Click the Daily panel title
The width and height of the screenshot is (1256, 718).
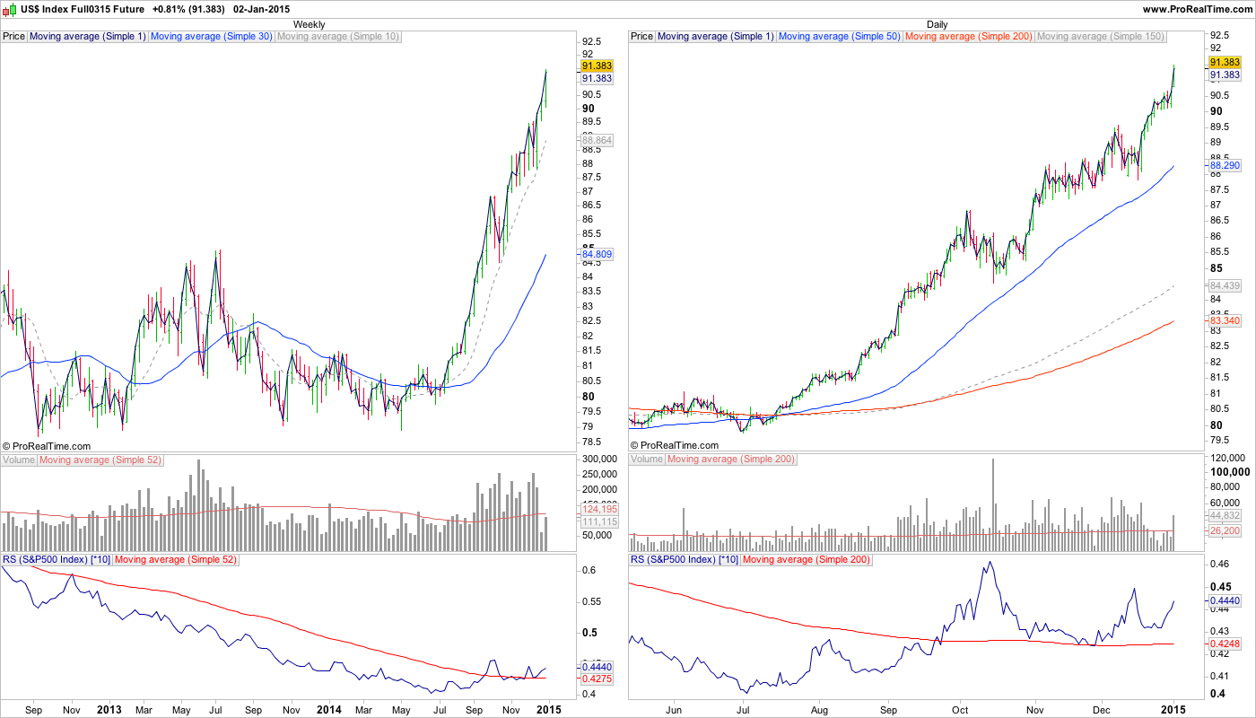[937, 24]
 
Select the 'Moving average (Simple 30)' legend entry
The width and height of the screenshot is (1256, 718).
[211, 37]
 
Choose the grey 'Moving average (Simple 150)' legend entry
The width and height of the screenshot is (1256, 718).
[1100, 37]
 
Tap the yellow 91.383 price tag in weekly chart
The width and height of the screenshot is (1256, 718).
[597, 66]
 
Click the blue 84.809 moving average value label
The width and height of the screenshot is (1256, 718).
[597, 254]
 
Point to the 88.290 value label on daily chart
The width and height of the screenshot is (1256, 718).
[1225, 166]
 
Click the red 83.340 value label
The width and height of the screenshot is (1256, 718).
[1225, 320]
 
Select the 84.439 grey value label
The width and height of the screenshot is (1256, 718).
[1225, 285]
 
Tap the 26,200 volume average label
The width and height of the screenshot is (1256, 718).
[1225, 530]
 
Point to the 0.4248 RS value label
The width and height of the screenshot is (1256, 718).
[1225, 643]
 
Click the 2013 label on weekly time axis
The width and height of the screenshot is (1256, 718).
[109, 709]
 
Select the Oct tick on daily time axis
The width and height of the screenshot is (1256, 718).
[960, 709]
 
